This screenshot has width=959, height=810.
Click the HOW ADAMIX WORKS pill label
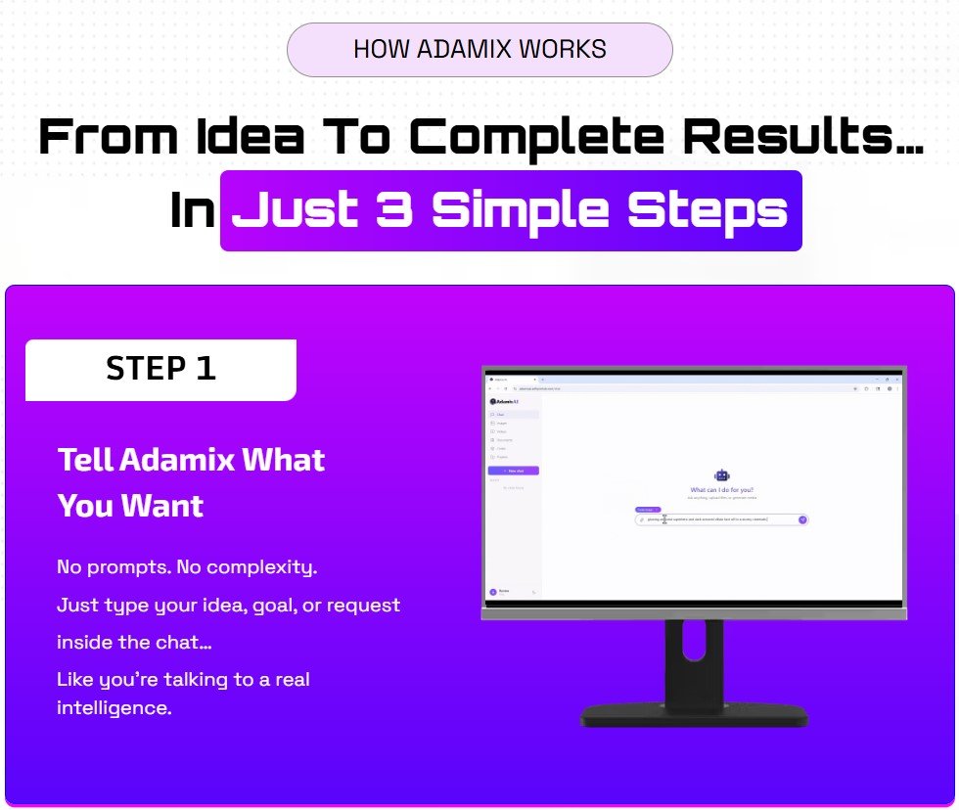[479, 49]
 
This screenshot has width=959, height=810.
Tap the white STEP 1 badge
[160, 369]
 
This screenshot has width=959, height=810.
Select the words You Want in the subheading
[130, 506]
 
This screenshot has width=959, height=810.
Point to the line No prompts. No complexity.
[187, 566]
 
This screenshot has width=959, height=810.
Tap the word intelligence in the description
[114, 707]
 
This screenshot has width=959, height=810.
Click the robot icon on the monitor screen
[722, 475]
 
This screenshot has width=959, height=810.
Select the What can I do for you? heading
[722, 490]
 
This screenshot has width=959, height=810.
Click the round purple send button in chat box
[802, 519]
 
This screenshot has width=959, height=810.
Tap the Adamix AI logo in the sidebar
[506, 401]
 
